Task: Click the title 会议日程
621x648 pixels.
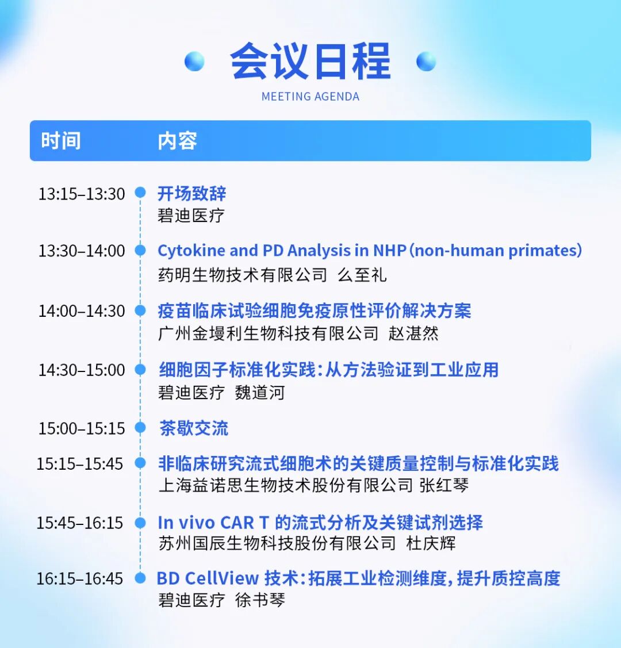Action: pyautogui.click(x=310, y=61)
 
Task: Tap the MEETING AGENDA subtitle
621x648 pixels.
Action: pyautogui.click(x=310, y=97)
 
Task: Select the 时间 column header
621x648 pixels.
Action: pyautogui.click(x=61, y=140)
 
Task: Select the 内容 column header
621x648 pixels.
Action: pyautogui.click(x=177, y=140)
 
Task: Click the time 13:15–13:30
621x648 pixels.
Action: pyautogui.click(x=82, y=194)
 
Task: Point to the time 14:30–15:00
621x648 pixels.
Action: pyautogui.click(x=82, y=370)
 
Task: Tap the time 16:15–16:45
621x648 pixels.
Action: pyautogui.click(x=80, y=578)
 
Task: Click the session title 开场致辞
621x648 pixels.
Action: pyautogui.click(x=191, y=193)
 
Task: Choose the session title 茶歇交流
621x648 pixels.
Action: pyautogui.click(x=194, y=428)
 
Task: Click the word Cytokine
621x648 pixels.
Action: pyautogui.click(x=191, y=251)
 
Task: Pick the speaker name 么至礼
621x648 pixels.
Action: pyautogui.click(x=362, y=275)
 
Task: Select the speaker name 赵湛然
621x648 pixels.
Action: pyautogui.click(x=413, y=333)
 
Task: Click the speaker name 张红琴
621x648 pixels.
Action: pyautogui.click(x=444, y=485)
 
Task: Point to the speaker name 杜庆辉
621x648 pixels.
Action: pyautogui.click(x=431, y=543)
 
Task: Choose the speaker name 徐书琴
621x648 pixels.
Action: pyautogui.click(x=260, y=600)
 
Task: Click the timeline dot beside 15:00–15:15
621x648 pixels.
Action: pyautogui.click(x=140, y=427)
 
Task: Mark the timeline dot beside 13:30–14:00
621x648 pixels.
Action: pyautogui.click(x=140, y=250)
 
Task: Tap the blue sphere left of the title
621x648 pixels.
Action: pyautogui.click(x=194, y=62)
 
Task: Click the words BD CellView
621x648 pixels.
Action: pyautogui.click(x=208, y=578)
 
